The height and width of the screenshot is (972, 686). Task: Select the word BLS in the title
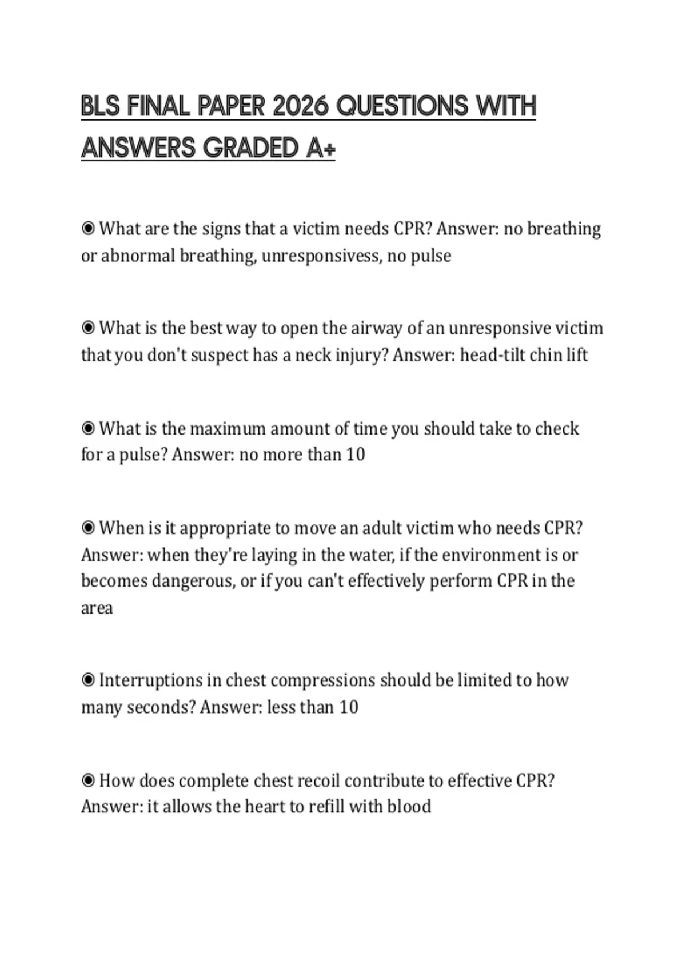[101, 107]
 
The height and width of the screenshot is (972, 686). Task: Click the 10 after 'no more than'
[355, 455]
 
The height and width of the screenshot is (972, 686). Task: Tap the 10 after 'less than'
[348, 707]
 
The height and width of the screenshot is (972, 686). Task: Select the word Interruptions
[151, 680]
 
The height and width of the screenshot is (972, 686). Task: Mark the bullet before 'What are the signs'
[88, 229]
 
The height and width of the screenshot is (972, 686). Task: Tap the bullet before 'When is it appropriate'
[88, 528]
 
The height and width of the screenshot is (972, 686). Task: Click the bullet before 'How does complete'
[88, 780]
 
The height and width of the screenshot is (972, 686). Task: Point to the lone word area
[97, 608]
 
